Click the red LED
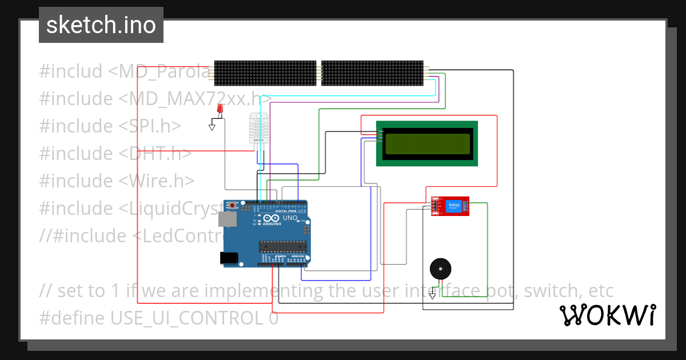click(x=220, y=109)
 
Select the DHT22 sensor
click(x=258, y=127)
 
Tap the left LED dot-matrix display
click(x=265, y=73)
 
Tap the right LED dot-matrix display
click(x=372, y=73)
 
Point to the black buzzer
click(x=440, y=268)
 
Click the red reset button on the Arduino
click(x=233, y=205)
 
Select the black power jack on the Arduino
click(x=229, y=258)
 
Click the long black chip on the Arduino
click(x=283, y=246)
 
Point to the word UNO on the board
click(x=290, y=218)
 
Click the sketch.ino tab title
click(x=101, y=25)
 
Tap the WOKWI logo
click(x=607, y=315)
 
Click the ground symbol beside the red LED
click(x=212, y=126)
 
